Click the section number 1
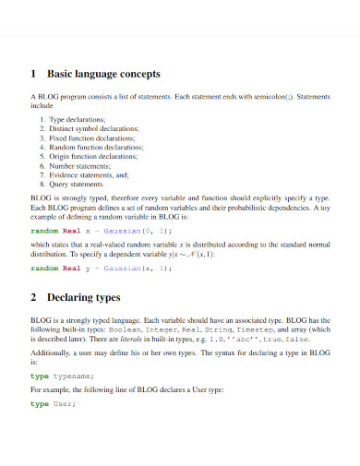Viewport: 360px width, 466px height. pos(34,73)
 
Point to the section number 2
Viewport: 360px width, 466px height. pos(34,298)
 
